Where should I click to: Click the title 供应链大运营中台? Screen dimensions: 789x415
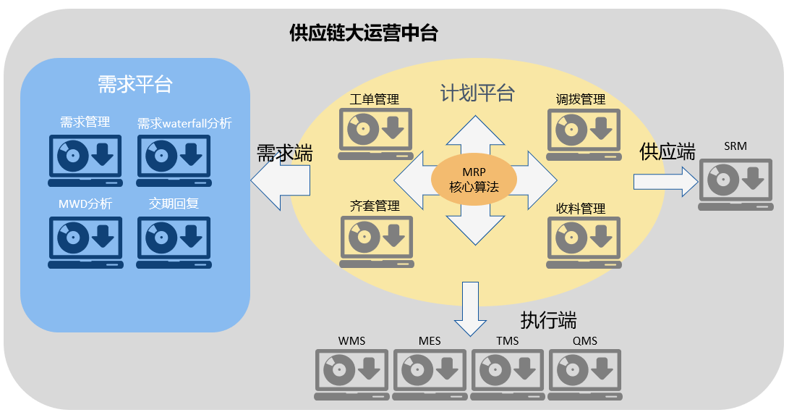point(363,33)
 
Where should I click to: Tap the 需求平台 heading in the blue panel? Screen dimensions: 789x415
point(135,84)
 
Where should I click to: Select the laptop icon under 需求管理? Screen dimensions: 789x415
point(85,161)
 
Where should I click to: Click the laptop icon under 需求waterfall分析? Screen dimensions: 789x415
point(174,161)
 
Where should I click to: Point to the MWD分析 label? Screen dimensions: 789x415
point(85,204)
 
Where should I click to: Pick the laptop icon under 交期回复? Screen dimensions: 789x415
point(174,242)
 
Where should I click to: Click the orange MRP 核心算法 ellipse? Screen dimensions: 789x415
point(474,180)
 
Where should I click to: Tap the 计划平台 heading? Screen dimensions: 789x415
point(477,93)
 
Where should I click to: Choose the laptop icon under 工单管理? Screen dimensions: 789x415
point(375,134)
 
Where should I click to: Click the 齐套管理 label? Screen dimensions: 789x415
point(375,206)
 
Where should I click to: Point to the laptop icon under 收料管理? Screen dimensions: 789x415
point(584,242)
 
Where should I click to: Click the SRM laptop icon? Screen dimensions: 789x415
point(735,185)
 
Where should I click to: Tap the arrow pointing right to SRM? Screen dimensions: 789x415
point(666,182)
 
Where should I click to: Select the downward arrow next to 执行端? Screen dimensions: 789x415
point(471,309)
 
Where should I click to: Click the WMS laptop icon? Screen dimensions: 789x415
point(351,374)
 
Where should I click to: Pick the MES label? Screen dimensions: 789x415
point(430,341)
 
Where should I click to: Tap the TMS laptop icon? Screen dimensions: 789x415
point(507,374)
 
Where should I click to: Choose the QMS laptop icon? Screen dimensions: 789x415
point(585,374)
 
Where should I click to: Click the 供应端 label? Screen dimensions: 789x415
point(668,151)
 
